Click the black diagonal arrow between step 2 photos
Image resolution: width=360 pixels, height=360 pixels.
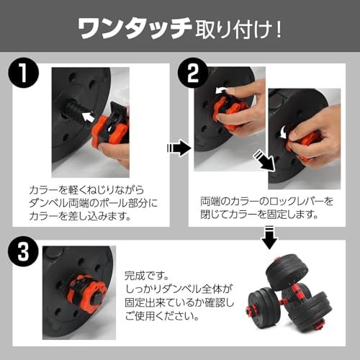point(266,160)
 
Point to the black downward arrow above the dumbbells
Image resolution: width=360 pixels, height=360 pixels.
point(269,236)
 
